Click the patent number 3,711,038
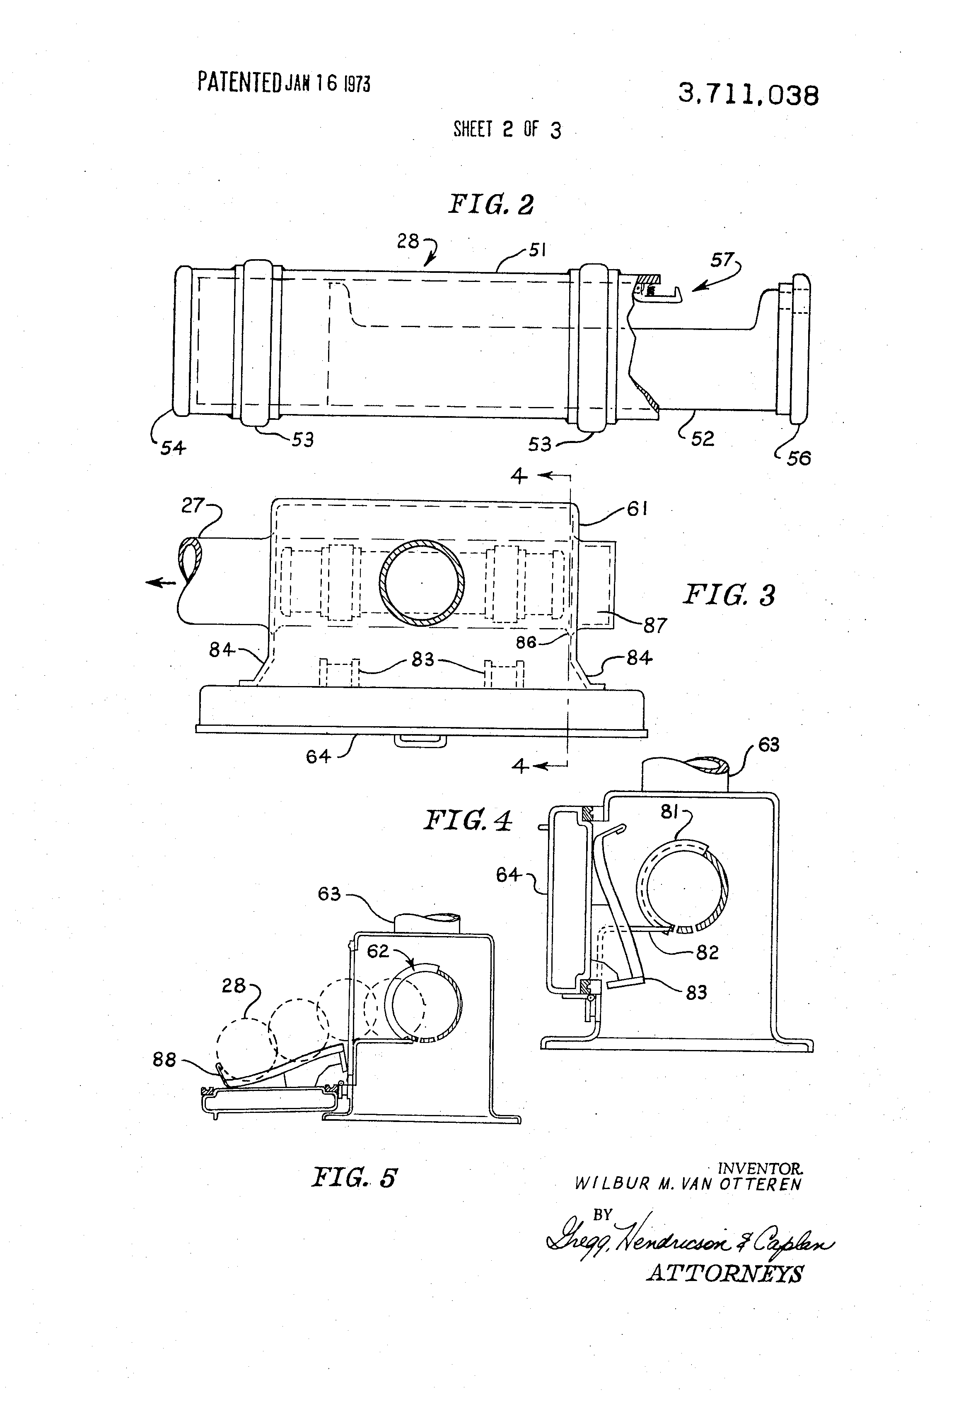pos(749,95)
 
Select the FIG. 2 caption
pos(491,204)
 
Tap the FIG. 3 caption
pos(729,595)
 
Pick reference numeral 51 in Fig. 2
pos(536,250)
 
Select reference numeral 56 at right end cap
pos(799,458)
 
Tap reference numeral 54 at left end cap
pos(173,448)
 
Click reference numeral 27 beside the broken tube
pos(193,505)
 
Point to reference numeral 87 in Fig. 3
pos(655,625)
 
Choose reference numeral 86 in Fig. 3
pos(526,642)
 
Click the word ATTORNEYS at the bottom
pos(725,1273)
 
